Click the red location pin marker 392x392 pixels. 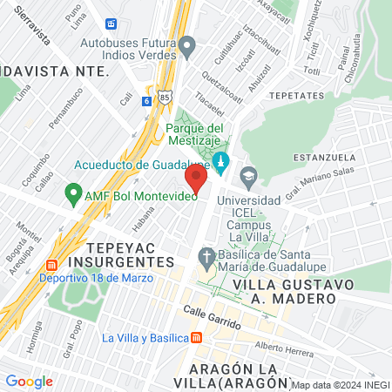pos(197,179)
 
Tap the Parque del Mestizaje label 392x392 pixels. pos(197,135)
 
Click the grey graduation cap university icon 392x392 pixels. pos(248,176)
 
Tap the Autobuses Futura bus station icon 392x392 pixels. pos(187,46)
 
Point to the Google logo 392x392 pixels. pos(29,382)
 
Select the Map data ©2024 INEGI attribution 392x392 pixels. pos(340,385)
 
